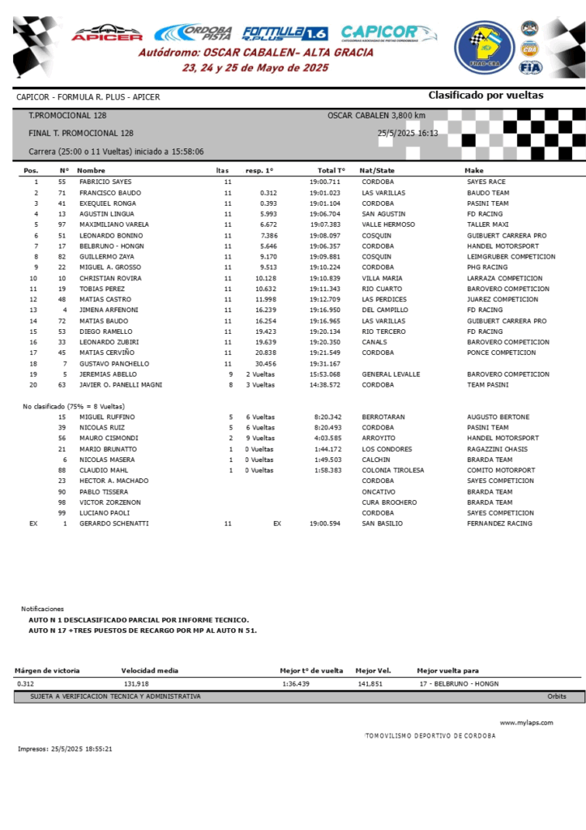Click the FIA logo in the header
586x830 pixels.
click(x=530, y=67)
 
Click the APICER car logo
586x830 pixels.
click(x=107, y=33)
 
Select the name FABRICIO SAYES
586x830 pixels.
click(x=105, y=182)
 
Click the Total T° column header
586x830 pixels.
click(x=331, y=171)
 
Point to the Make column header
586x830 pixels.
click(x=473, y=171)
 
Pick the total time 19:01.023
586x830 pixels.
click(x=325, y=193)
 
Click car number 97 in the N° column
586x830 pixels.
click(x=62, y=225)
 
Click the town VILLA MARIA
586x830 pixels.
click(x=382, y=278)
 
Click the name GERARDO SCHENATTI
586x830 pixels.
click(x=113, y=524)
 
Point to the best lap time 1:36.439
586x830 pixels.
click(x=296, y=684)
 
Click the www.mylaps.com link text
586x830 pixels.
click(x=526, y=722)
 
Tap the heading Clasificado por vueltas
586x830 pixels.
click(x=485, y=96)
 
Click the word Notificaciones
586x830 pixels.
click(x=42, y=609)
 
